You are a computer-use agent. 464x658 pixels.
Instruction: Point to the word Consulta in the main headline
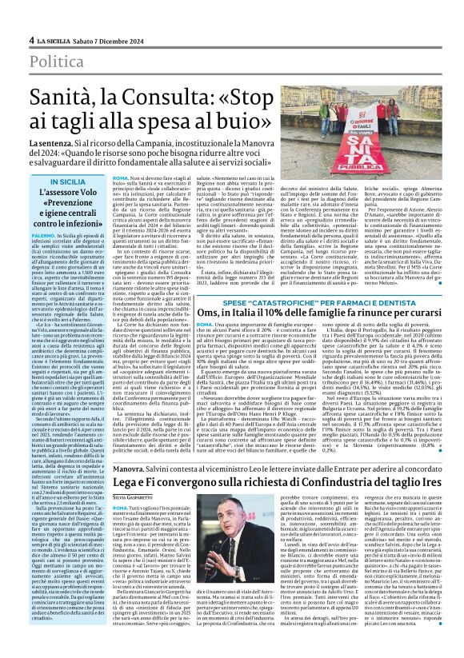tap(174, 103)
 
